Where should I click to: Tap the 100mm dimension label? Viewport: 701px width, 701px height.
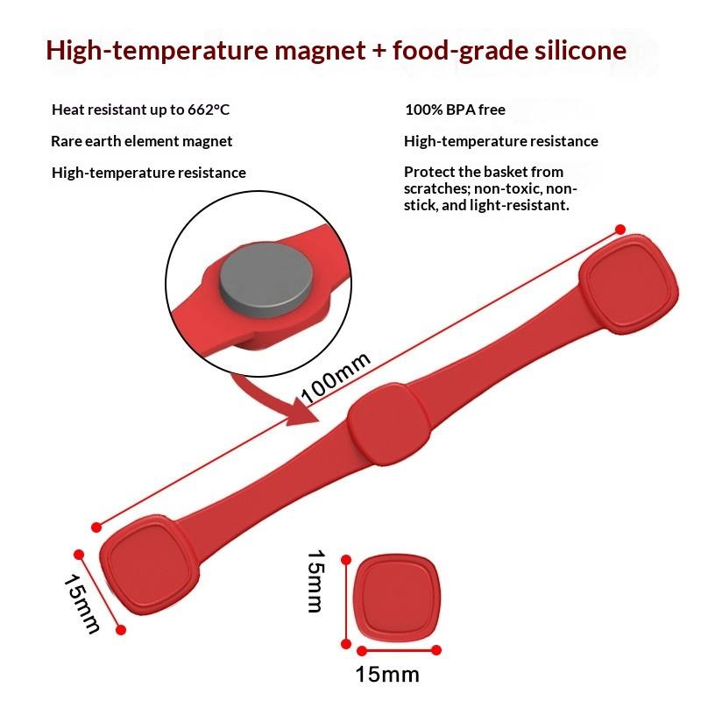[x=336, y=378]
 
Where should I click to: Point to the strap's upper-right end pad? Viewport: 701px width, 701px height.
[x=631, y=283]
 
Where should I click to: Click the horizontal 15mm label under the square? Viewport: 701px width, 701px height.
[x=387, y=675]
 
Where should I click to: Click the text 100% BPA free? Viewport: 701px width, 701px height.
[x=455, y=110]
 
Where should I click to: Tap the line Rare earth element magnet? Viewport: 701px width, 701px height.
[x=142, y=141]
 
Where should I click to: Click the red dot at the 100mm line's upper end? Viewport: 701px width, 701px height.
[x=620, y=230]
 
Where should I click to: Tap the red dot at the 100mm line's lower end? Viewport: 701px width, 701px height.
[x=96, y=527]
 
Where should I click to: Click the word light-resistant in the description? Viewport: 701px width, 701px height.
[x=526, y=205]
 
